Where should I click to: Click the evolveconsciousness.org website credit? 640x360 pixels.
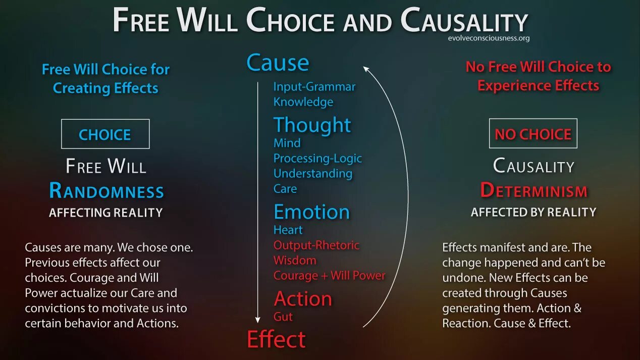point(488,38)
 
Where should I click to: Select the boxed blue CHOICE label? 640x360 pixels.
point(105,134)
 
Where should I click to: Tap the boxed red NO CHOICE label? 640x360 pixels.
point(533,134)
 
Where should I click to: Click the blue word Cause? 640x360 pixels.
point(278,63)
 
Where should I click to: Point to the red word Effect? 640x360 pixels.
point(276,339)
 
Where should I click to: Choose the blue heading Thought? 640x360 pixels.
point(312,125)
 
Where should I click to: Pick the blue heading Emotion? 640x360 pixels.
point(311,212)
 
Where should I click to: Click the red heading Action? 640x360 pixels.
point(303,299)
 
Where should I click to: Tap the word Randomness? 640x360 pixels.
point(106,191)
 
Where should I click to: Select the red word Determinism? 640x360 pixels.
point(534,190)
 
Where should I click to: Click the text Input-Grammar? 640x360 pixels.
point(314,86)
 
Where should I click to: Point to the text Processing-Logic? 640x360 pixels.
point(317,158)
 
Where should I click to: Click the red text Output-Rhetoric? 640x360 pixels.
point(316,245)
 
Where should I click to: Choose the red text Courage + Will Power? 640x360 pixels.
point(329,276)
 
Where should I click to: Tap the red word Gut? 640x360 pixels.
point(283,317)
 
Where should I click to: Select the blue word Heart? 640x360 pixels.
point(288,230)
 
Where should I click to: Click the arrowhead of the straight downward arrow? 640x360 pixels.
point(257,320)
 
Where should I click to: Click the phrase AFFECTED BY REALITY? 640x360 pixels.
point(534,212)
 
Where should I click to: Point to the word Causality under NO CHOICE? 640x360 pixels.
point(534,166)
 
